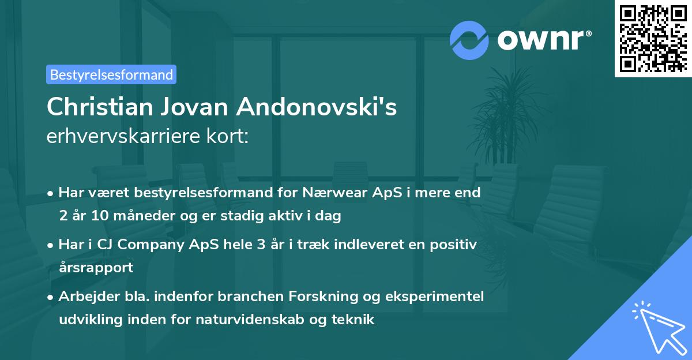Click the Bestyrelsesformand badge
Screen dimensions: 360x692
[111, 74]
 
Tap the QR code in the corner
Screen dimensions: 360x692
[653, 39]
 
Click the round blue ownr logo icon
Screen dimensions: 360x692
[469, 40]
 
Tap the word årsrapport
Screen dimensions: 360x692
[96, 268]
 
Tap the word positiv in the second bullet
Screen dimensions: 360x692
[454, 245]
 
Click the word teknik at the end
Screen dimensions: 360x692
[353, 320]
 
